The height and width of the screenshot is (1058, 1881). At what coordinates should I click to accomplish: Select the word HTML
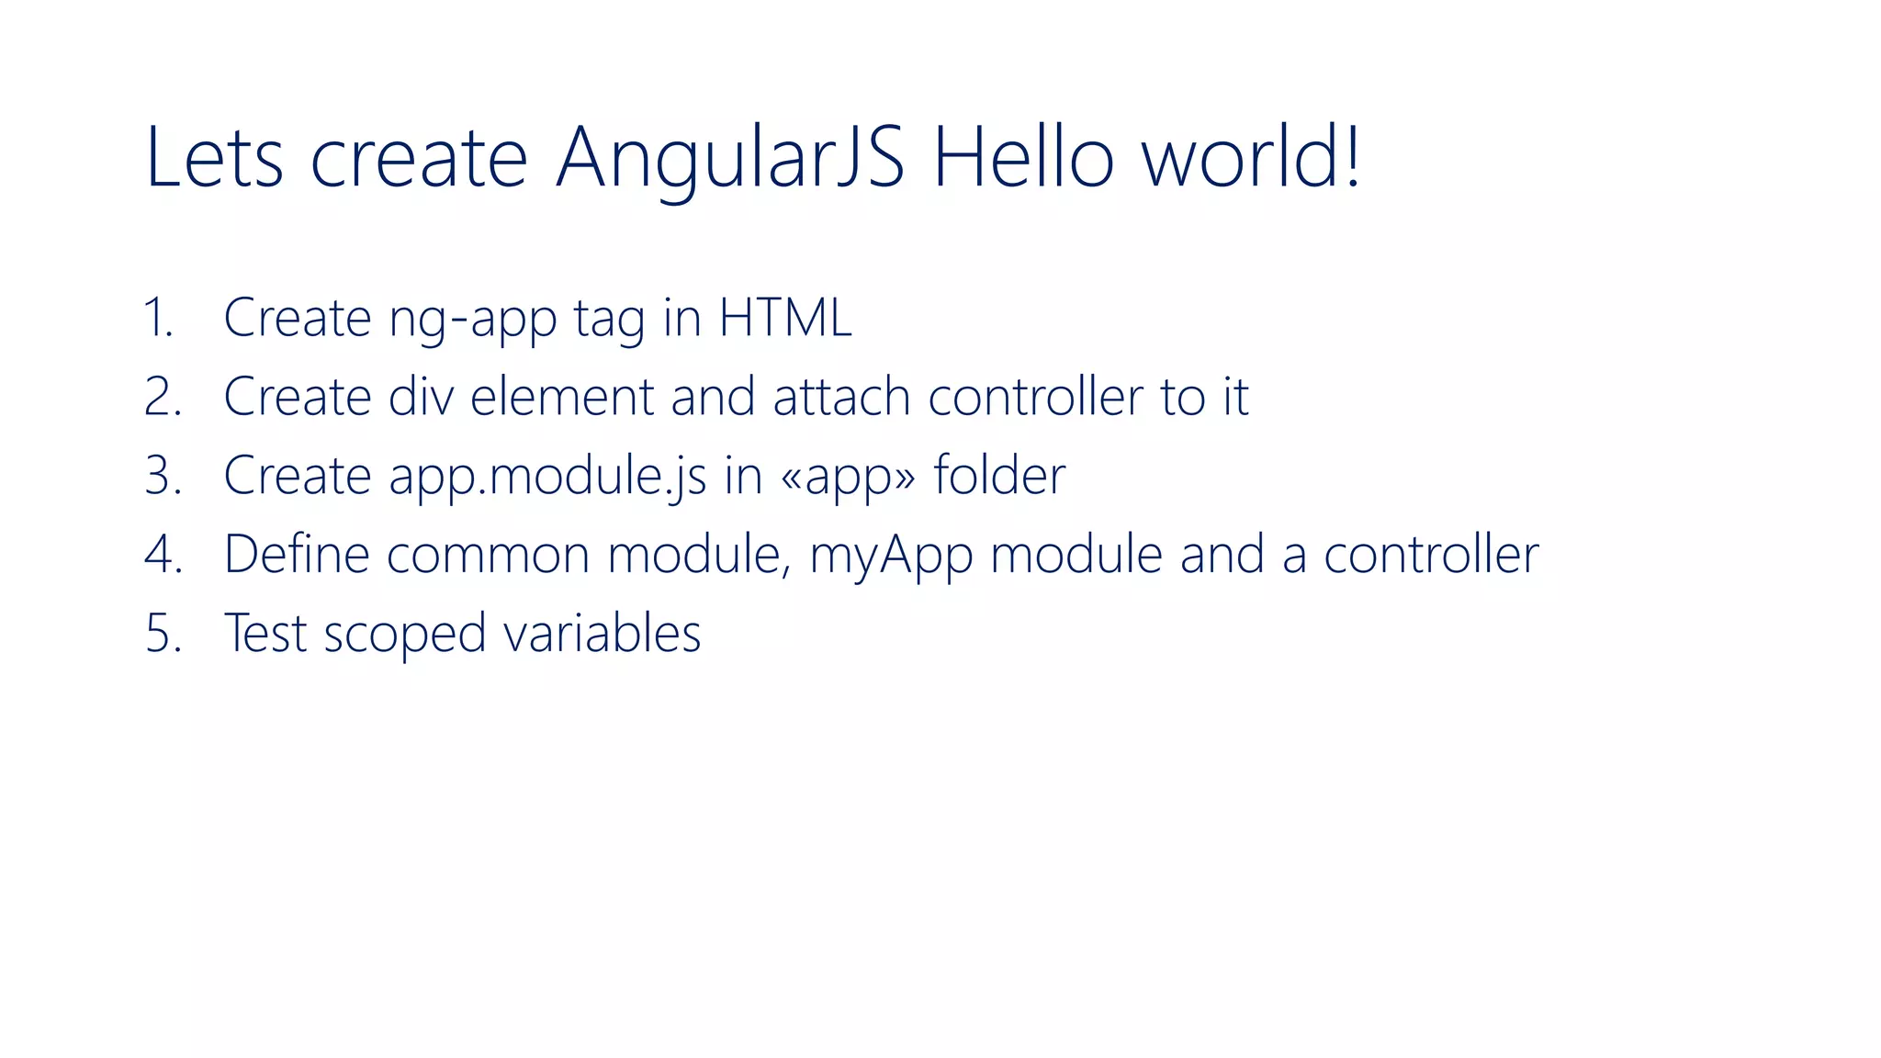tap(785, 318)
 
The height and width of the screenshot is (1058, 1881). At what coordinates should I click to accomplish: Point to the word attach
tap(840, 397)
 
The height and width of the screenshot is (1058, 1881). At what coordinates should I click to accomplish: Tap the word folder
tap(999, 476)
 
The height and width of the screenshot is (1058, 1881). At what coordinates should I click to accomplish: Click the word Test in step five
tap(265, 634)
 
